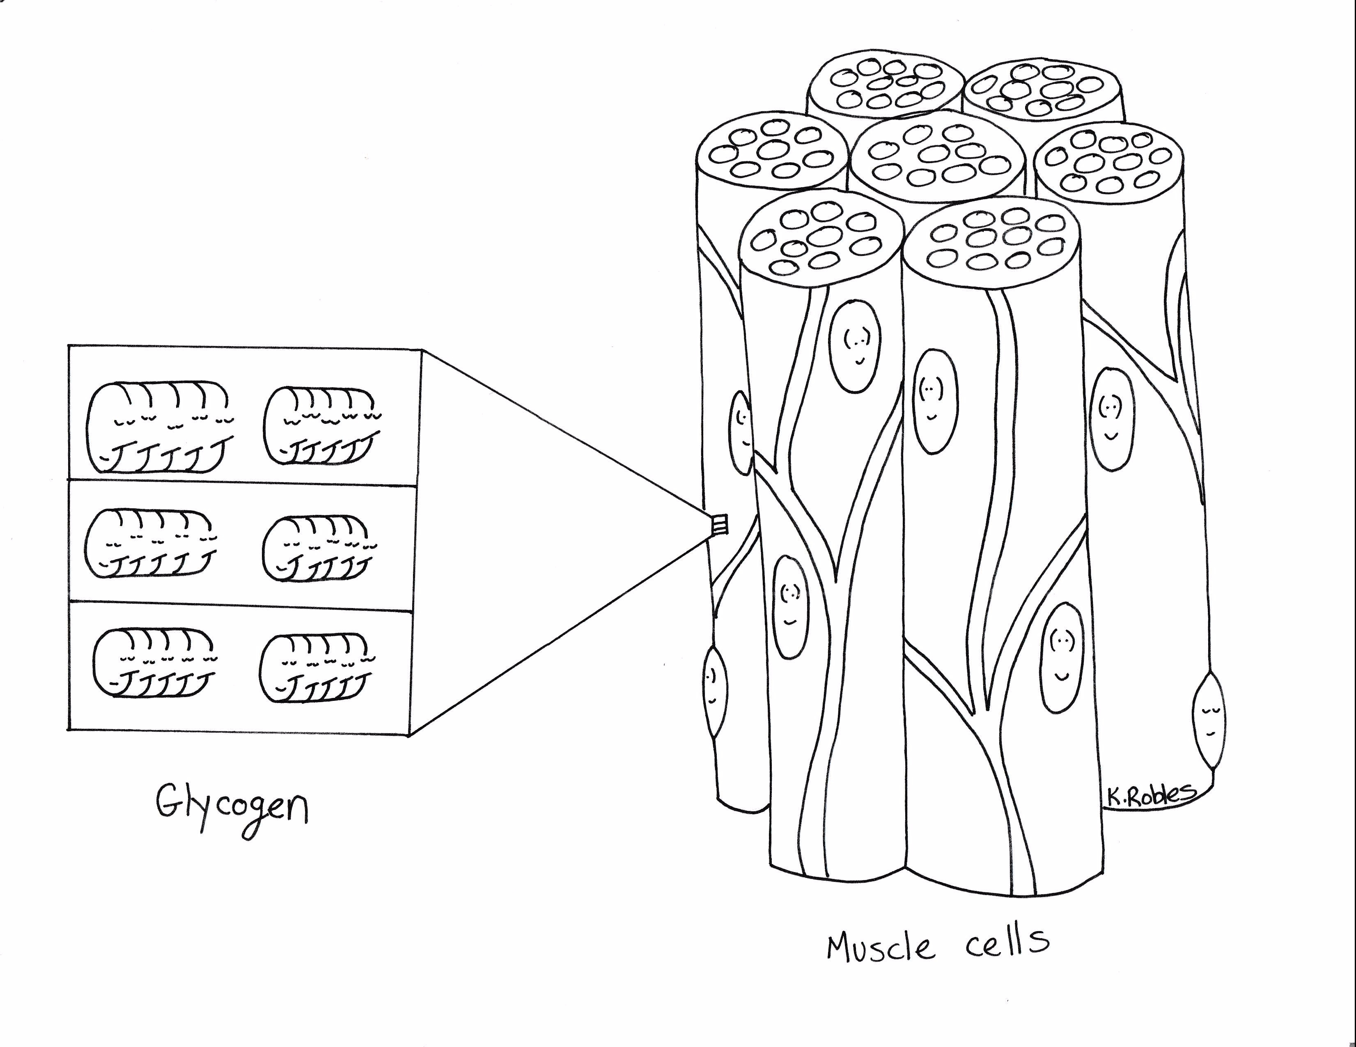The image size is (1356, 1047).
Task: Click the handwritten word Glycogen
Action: pyautogui.click(x=231, y=808)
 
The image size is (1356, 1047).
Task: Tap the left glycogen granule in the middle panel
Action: pyautogui.click(x=150, y=544)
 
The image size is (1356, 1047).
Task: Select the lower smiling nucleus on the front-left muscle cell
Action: pyautogui.click(x=790, y=607)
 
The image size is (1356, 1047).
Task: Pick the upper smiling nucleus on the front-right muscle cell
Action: pyautogui.click(x=935, y=401)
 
